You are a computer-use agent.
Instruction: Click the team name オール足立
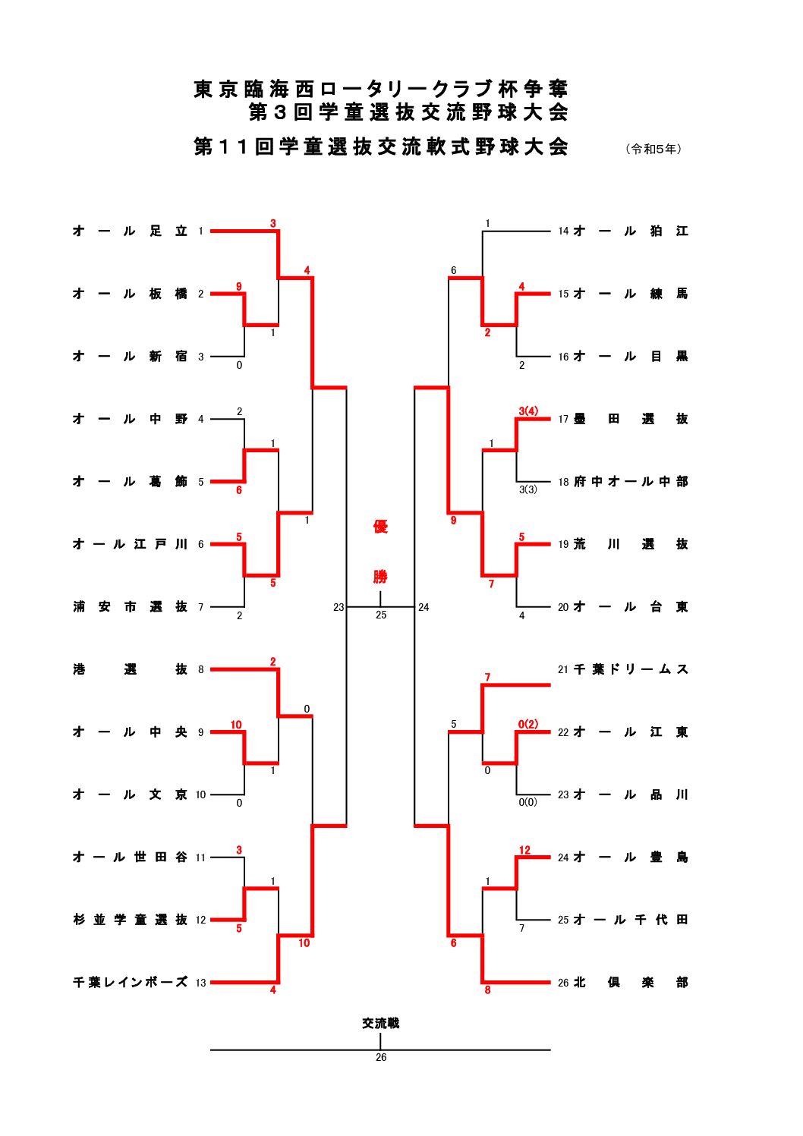130,231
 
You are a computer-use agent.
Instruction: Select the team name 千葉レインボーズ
130,982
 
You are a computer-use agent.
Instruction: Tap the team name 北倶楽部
631,982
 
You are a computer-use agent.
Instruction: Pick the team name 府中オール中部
631,481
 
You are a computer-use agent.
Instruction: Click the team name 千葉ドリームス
631,669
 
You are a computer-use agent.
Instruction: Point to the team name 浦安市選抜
130,606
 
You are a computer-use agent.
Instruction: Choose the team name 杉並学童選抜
130,920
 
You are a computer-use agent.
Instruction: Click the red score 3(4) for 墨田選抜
528,411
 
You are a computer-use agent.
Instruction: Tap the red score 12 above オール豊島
524,850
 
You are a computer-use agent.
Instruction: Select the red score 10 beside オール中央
236,725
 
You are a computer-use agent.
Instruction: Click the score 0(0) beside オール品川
527,802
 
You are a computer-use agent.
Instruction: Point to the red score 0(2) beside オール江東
527,724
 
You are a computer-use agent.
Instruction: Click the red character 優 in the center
380,527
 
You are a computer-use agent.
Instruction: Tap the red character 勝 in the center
380,577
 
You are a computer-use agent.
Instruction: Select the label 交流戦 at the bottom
380,1023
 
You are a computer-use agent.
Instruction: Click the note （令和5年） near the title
653,149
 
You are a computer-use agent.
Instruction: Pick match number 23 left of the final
339,607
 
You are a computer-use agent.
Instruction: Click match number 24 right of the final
424,607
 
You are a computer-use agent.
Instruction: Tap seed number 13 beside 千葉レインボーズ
200,983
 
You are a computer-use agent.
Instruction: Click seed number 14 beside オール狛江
563,231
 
